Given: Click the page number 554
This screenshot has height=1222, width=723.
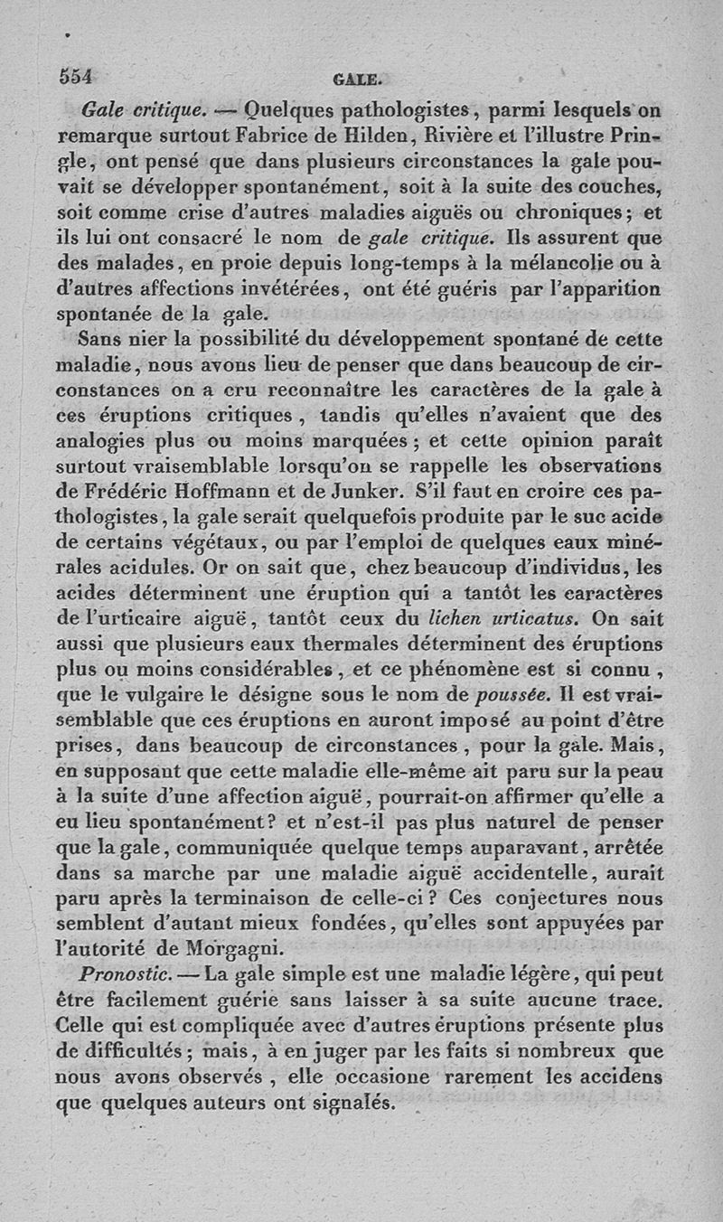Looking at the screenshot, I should [77, 77].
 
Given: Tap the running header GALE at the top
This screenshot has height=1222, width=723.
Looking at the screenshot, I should [359, 79].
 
